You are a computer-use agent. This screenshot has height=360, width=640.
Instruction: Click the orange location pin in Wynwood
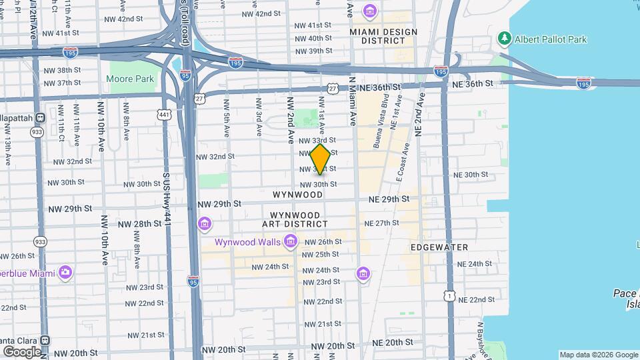tap(321, 159)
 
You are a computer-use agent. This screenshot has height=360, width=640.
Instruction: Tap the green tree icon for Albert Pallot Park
tap(505, 39)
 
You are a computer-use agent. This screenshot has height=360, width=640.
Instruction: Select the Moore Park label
tap(130, 79)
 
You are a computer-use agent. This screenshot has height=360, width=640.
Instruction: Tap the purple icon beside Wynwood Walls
tap(290, 241)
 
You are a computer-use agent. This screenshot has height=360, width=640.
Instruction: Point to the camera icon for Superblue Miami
tap(65, 272)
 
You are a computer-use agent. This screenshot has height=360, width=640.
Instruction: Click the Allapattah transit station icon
tap(40, 118)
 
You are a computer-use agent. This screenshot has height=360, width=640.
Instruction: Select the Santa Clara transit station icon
tap(45, 339)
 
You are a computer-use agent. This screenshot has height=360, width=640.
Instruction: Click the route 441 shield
tap(165, 115)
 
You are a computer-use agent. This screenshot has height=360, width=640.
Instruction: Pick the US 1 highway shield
tap(451, 294)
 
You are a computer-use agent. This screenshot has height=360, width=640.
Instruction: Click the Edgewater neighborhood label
tap(439, 247)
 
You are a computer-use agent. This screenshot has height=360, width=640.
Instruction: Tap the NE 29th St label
tap(388, 199)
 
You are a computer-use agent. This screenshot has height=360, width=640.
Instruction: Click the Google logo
tap(21, 351)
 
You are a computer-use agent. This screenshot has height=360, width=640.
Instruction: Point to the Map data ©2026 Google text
tap(598, 355)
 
